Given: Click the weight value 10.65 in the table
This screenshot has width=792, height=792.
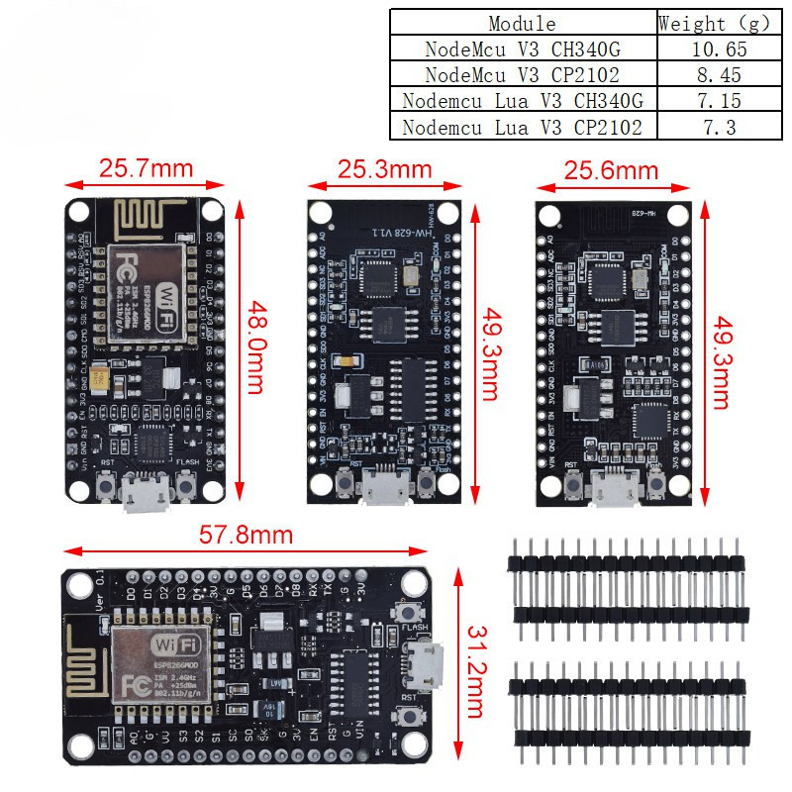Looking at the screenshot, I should [x=716, y=49].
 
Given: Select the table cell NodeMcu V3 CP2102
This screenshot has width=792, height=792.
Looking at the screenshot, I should [x=523, y=74].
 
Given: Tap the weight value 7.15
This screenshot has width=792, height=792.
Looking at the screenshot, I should [x=716, y=100].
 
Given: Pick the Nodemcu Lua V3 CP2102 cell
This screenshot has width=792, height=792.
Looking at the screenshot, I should [x=523, y=127].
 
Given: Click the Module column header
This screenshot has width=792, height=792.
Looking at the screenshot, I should [x=523, y=23].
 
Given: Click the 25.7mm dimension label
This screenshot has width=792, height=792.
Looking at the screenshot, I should [x=146, y=168].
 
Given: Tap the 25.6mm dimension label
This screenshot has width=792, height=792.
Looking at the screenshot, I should [x=611, y=170].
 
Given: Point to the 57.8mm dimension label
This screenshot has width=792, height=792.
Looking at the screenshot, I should [x=246, y=535].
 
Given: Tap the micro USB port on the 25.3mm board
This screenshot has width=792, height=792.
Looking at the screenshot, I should [x=384, y=488].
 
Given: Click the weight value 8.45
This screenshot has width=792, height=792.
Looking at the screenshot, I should [x=716, y=74].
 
